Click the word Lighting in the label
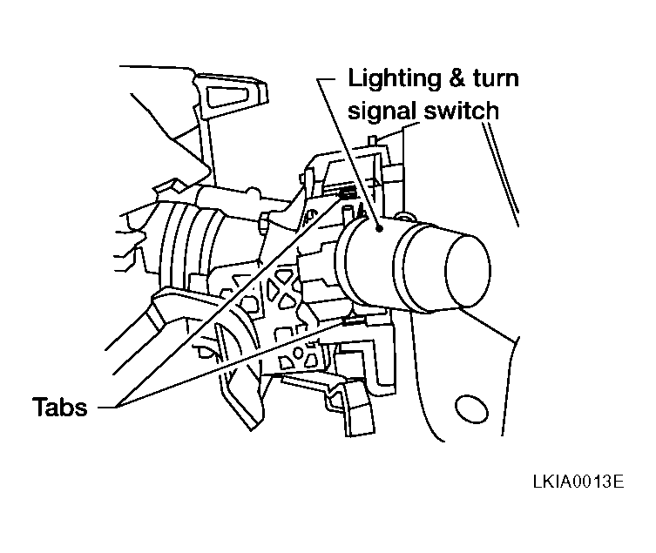394,79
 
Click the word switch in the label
461,111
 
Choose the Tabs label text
60,407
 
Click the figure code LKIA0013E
578,482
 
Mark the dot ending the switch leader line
380,228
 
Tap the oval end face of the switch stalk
468,270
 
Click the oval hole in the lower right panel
471,408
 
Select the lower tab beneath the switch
353,320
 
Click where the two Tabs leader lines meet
117,406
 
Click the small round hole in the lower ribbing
298,354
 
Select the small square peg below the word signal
372,140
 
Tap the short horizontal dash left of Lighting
326,78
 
